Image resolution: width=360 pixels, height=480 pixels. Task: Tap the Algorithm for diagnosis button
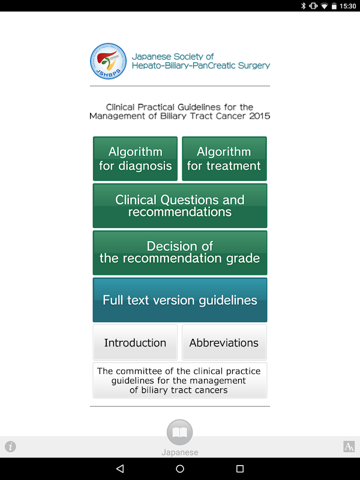click(x=135, y=158)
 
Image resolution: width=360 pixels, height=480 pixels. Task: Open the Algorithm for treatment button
click(x=224, y=158)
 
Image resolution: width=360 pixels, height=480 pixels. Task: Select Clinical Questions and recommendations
click(x=180, y=206)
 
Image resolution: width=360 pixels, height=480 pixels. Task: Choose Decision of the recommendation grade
click(x=180, y=253)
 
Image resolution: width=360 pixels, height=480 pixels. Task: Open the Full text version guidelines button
click(x=180, y=300)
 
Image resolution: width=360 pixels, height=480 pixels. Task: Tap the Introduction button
click(x=135, y=343)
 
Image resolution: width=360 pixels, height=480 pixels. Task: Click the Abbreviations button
click(x=224, y=343)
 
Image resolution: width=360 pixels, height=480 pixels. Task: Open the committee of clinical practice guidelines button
click(x=180, y=380)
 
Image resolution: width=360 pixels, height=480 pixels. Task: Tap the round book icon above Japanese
click(x=179, y=432)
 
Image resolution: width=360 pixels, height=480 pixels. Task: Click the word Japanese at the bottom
click(x=179, y=452)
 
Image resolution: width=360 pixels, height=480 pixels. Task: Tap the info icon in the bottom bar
click(x=11, y=446)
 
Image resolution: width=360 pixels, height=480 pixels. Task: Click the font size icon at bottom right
click(x=349, y=446)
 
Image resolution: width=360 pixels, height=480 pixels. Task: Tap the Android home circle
click(x=180, y=469)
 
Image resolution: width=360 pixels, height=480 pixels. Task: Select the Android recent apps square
click(x=240, y=469)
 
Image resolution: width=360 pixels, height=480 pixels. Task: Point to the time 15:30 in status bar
click(x=347, y=6)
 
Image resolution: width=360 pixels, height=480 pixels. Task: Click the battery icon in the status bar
click(x=334, y=6)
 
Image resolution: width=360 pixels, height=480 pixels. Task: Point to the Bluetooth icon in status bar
click(x=304, y=6)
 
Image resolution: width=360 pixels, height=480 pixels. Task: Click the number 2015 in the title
click(x=259, y=116)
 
